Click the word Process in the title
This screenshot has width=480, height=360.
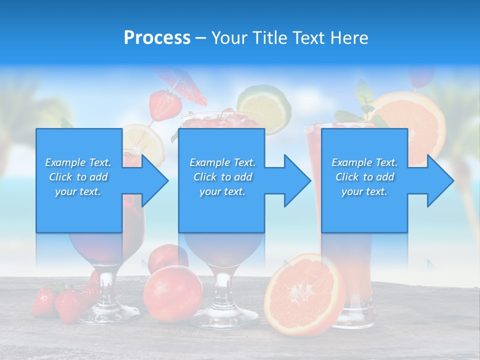157,37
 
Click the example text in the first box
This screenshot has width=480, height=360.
78,177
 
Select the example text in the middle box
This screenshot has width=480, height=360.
222,177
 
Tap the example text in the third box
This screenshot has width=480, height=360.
364,177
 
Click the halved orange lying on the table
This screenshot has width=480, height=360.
304,294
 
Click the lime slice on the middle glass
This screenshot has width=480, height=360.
264,107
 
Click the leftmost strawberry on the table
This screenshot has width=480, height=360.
43,301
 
